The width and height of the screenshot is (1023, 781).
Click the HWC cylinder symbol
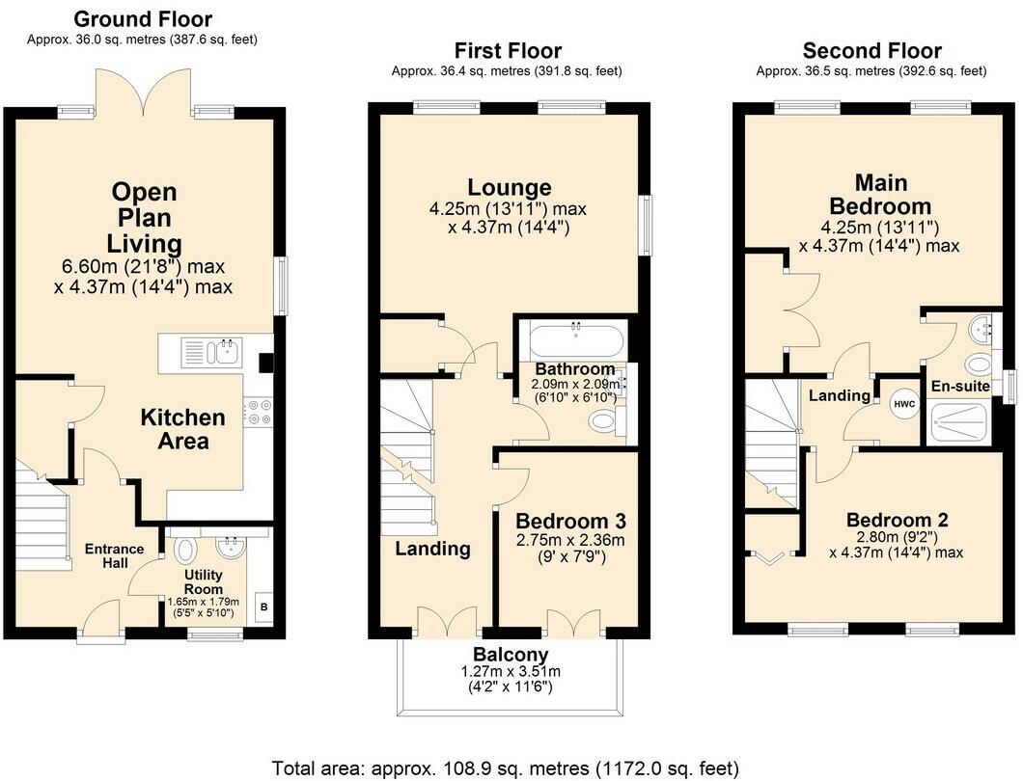[x=903, y=404]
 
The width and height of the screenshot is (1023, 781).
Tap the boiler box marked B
[x=263, y=607]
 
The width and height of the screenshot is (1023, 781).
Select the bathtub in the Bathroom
[x=575, y=338]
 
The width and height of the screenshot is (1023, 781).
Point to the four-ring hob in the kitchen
[x=259, y=413]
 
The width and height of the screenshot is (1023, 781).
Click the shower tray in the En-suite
[x=958, y=422]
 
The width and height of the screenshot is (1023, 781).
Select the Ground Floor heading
[x=142, y=19]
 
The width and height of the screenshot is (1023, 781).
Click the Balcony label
[x=511, y=654]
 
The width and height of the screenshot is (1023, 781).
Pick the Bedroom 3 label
[x=570, y=521]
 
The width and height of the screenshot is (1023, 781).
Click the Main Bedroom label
[x=880, y=194]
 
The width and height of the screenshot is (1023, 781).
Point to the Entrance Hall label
[x=114, y=555]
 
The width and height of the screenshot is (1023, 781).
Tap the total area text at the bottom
[x=505, y=768]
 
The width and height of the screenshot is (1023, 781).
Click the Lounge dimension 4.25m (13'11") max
[x=508, y=209]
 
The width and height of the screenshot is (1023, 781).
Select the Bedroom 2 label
[x=897, y=521]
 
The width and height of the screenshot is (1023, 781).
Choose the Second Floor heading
[x=871, y=50]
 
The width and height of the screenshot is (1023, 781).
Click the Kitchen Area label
[x=182, y=429]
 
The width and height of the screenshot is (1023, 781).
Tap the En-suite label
[x=959, y=386]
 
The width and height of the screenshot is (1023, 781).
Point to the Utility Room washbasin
[x=230, y=548]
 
